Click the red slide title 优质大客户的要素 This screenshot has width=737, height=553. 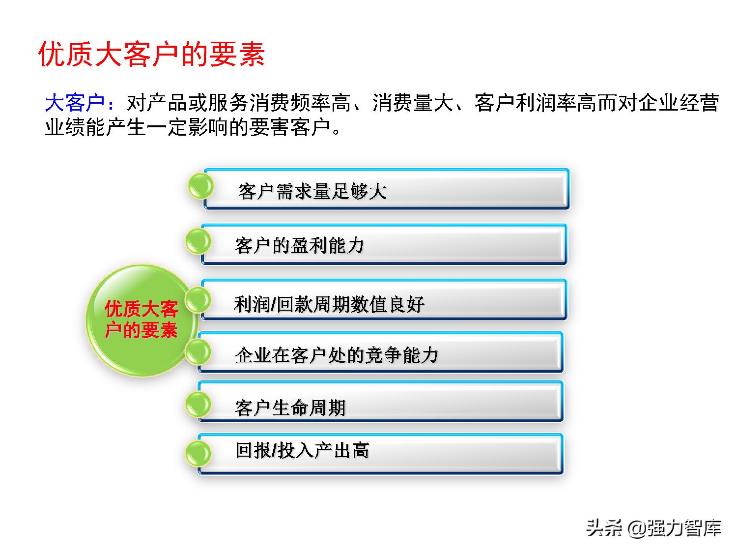coord(152,54)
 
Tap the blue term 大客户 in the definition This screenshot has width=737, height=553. coord(75,103)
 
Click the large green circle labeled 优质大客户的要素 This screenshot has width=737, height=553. coord(141,320)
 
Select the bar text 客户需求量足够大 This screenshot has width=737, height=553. coord(312,191)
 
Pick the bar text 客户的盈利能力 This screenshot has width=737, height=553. coord(300,245)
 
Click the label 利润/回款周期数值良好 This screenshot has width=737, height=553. coord(329,305)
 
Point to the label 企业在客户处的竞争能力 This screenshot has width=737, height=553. coord(337,355)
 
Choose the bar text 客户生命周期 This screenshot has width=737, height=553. coord(290,407)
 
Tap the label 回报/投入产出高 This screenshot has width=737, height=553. coord(302,450)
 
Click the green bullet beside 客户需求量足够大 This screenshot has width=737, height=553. coord(201,186)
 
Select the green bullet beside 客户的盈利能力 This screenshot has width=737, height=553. coord(198,241)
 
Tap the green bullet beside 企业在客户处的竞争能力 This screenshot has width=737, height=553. coord(198,351)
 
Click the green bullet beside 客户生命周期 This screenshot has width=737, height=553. coord(198,404)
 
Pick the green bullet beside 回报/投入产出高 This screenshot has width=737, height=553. coord(198,453)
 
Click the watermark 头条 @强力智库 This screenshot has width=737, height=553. coord(653,528)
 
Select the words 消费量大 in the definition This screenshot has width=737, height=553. coord(413,103)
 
